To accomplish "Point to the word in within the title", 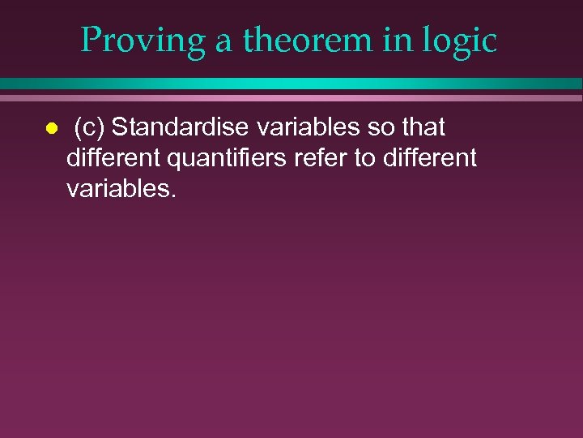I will [402, 41].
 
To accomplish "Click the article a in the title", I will [223, 42].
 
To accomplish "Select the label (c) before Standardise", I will [89, 128].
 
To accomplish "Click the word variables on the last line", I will [120, 188].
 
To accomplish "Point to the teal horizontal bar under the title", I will [291, 84].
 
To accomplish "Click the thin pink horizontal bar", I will [291, 97].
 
